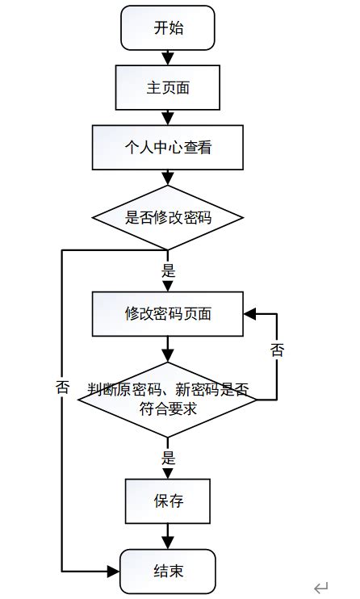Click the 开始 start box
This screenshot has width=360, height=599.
coord(168,28)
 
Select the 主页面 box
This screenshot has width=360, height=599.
coord(168,87)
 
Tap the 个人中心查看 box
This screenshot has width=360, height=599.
coord(168,148)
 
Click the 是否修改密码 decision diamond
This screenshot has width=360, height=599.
coord(168,217)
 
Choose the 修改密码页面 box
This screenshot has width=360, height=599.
coord(168,314)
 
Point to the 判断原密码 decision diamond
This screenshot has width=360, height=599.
coord(168,399)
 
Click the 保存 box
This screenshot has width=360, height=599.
coord(168,501)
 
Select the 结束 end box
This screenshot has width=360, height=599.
coord(168,571)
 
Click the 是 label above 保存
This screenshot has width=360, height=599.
coord(168,458)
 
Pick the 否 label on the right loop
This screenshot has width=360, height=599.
coord(277,350)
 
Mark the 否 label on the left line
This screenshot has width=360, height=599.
coord(63,386)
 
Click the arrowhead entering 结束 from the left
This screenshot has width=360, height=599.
coord(114,571)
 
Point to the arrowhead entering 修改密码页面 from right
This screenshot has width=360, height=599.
coord(249,314)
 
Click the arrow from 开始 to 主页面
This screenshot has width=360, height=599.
coord(168,57)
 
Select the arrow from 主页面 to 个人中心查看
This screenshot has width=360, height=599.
coord(168,117)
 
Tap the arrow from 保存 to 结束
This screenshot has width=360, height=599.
coord(168,536)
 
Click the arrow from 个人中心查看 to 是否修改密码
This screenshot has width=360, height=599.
coord(168,178)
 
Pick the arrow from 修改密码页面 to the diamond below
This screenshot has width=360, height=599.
coord(168,350)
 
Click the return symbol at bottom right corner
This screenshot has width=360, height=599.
coord(321,587)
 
